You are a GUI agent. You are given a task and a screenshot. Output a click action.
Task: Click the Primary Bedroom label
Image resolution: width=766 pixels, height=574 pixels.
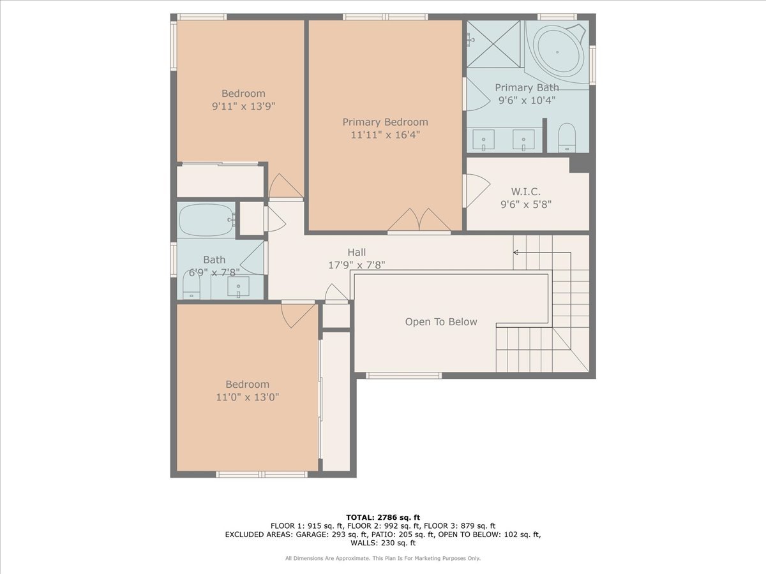(385, 122)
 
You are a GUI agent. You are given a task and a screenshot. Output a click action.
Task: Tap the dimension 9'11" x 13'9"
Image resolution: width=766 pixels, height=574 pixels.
(244, 106)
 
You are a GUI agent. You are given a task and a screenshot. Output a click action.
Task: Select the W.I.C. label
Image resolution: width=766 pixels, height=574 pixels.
(525, 191)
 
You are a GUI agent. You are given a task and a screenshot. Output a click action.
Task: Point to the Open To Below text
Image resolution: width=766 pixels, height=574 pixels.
(441, 321)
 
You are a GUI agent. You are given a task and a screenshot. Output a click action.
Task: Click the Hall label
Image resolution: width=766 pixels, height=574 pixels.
(357, 252)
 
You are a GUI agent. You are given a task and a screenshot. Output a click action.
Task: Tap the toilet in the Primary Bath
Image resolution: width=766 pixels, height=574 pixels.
(567, 138)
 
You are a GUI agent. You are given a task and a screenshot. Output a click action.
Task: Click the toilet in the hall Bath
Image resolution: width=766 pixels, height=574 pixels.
(191, 284)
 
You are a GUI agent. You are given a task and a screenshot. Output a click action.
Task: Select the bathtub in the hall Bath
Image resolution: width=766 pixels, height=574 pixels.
(207, 220)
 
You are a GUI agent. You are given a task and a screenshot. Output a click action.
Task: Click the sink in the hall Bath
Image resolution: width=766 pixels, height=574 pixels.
(238, 287)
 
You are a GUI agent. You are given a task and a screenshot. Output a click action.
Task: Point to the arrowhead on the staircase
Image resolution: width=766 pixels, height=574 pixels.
(515, 253)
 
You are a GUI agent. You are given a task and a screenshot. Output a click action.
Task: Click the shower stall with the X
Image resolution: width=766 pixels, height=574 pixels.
(493, 44)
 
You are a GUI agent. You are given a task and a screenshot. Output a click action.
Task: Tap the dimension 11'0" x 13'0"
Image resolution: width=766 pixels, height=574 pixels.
(248, 397)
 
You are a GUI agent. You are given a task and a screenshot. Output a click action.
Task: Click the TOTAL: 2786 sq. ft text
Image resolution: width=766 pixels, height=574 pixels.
(383, 517)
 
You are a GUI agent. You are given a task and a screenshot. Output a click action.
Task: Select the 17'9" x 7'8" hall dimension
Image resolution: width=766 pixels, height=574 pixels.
(357, 265)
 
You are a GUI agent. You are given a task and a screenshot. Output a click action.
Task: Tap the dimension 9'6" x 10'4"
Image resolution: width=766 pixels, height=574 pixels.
(527, 100)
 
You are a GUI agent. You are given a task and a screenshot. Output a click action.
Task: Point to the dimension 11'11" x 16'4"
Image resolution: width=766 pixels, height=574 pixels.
(385, 135)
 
